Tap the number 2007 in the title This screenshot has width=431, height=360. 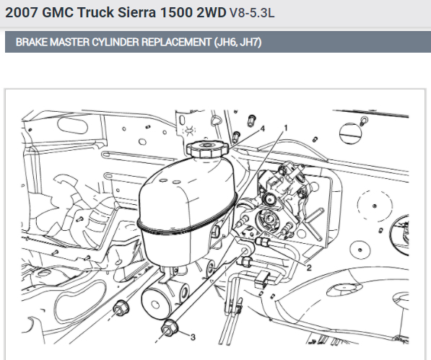coord(21,13)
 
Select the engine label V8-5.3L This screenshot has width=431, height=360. coord(252,13)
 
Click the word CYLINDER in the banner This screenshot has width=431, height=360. coord(116,42)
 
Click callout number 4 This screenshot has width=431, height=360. coord(263,128)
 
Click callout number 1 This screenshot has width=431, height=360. coord(286,128)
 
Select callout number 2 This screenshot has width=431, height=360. coord(309,268)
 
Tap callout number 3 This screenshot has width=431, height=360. coord(193,337)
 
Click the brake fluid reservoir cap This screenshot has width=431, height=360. coord(207,149)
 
